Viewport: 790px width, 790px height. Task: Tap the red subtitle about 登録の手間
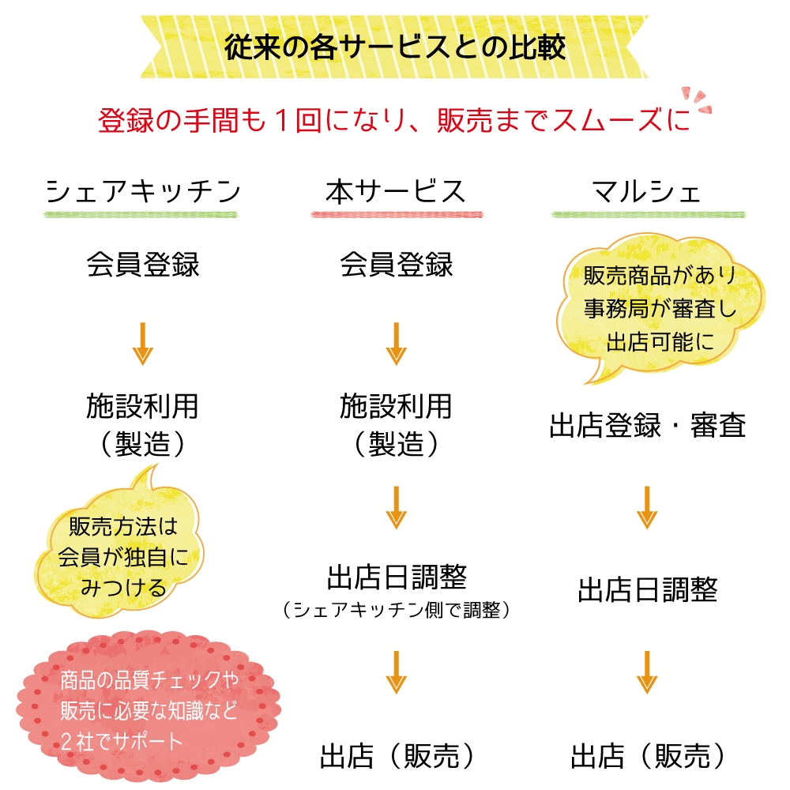[x=393, y=122]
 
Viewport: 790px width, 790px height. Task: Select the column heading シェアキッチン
[x=142, y=192]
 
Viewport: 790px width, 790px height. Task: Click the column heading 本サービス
[x=395, y=192]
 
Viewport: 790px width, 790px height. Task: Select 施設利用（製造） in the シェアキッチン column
[x=143, y=425]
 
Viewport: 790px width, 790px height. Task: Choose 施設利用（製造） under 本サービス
[x=396, y=425]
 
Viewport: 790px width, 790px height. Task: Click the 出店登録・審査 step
[x=647, y=426]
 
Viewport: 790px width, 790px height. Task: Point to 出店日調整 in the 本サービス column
[x=396, y=577]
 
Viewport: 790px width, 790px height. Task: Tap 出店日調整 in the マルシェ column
[x=647, y=590]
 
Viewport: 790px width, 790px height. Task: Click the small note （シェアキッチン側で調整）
[x=396, y=610]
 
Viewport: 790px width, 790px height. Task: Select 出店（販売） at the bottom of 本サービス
[x=396, y=756]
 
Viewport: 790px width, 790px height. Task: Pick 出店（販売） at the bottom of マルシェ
[x=647, y=756]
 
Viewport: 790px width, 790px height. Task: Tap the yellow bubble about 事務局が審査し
[x=660, y=308]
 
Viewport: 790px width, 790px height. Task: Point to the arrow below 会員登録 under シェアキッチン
[x=143, y=344]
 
